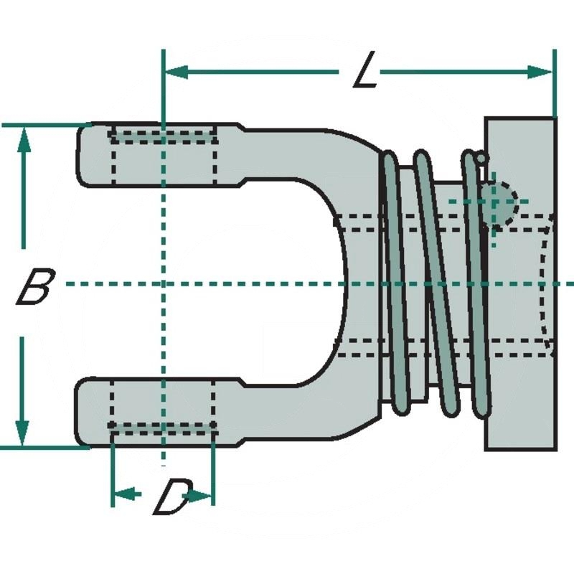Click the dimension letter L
tap(366, 72)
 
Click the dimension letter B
tap(34, 286)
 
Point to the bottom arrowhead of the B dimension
tap(24, 434)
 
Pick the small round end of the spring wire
tap(481, 156)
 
